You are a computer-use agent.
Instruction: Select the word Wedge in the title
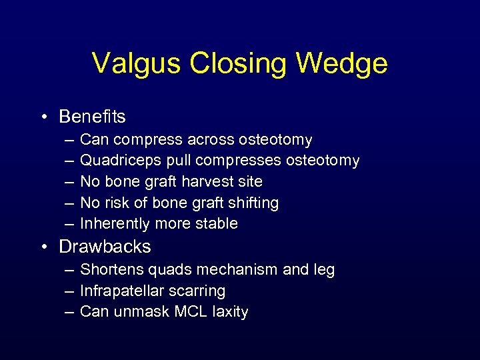341,63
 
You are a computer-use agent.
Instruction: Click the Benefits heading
92,117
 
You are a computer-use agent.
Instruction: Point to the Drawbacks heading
105,247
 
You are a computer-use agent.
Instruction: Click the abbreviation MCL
189,312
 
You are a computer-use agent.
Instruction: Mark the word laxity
229,312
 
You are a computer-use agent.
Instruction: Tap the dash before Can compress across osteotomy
70,140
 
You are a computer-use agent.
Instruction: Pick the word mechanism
242,270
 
